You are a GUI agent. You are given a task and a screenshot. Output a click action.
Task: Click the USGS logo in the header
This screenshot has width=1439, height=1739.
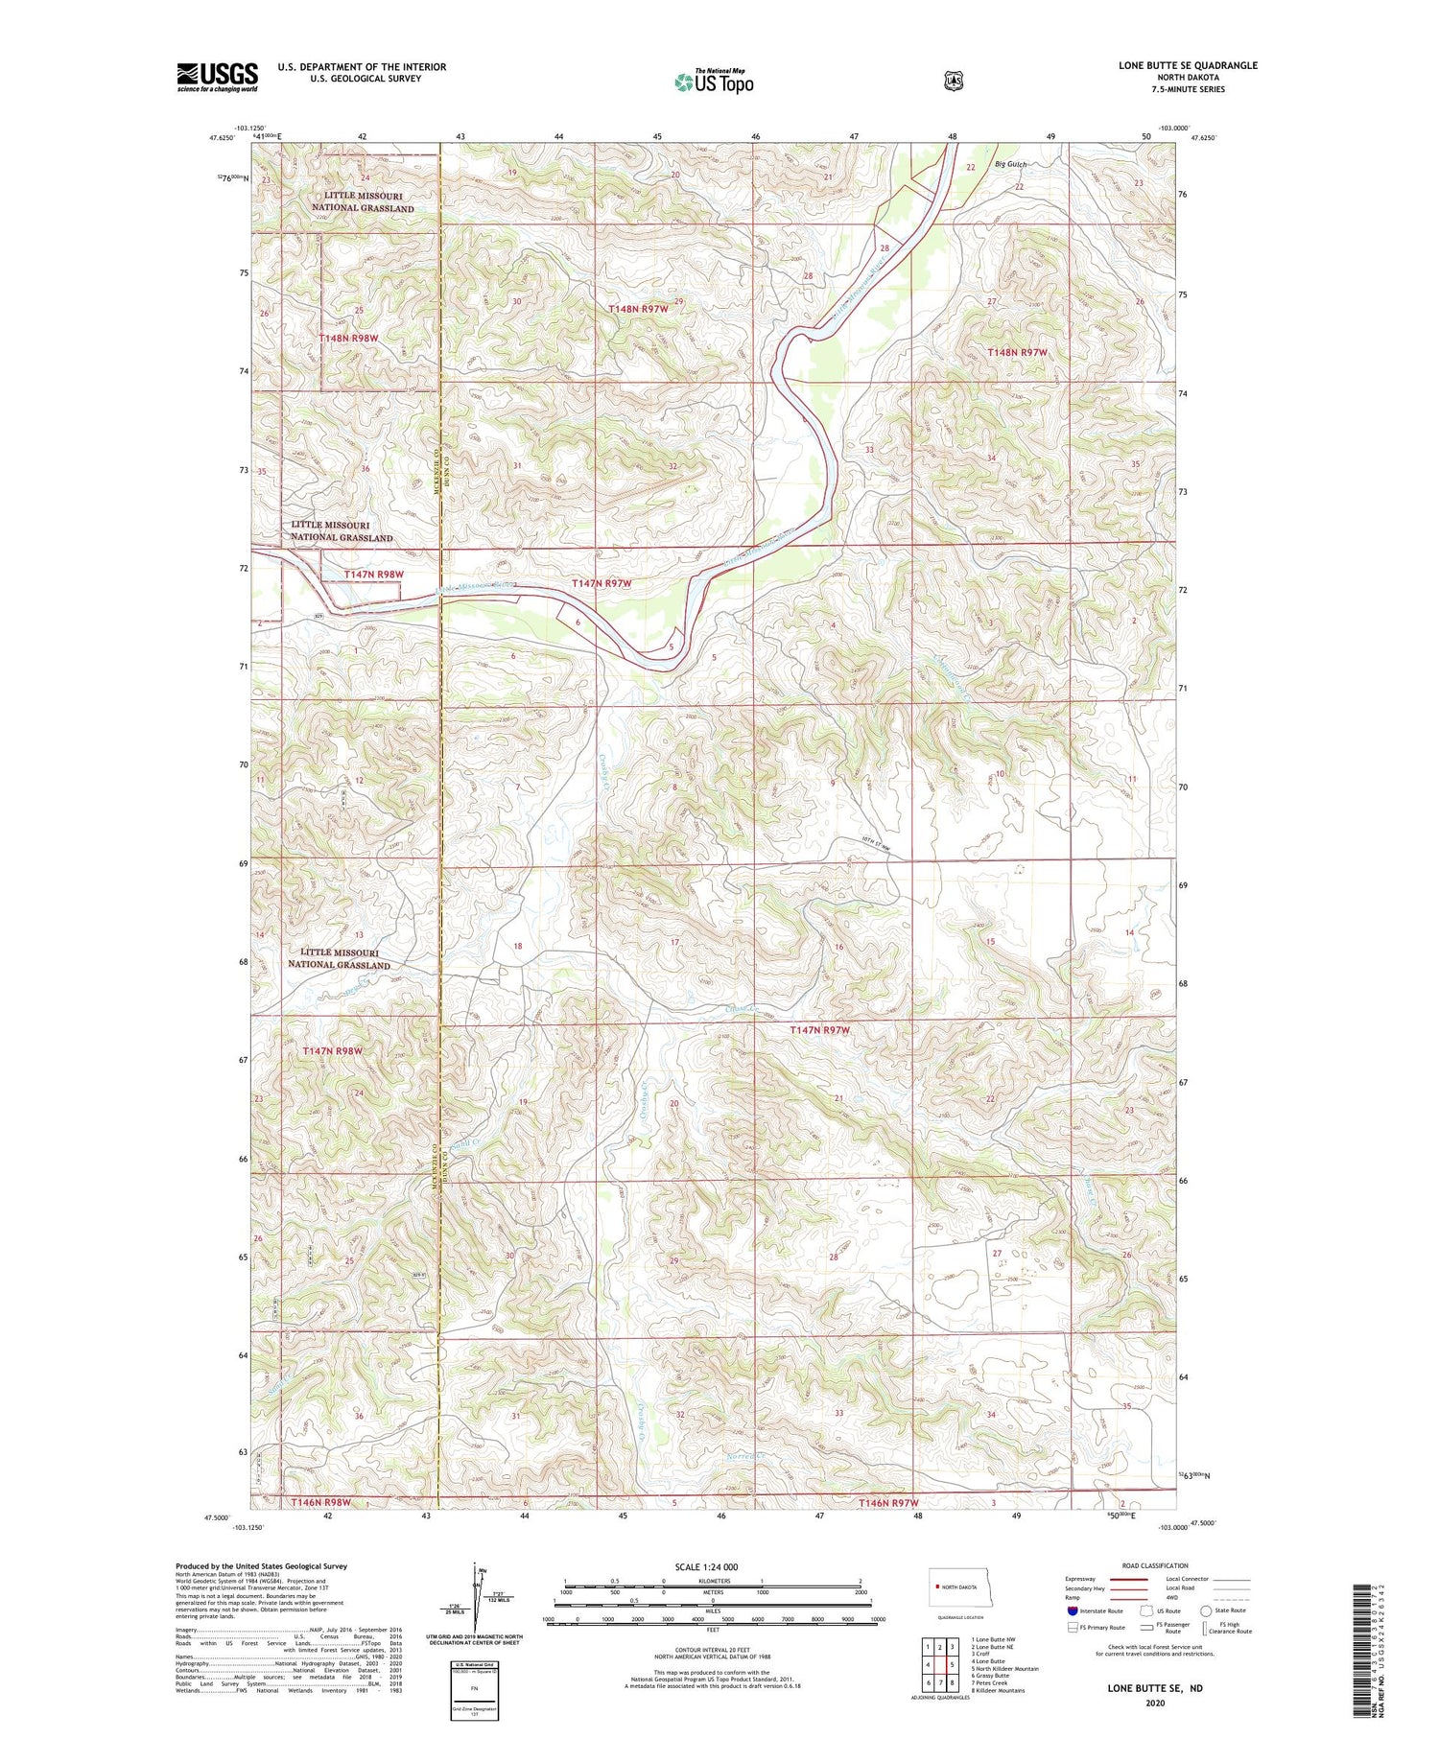217,77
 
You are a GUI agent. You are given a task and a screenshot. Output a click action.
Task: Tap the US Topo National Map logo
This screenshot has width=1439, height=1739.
714,82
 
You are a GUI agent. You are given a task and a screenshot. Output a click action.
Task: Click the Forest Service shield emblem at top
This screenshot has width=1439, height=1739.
953,82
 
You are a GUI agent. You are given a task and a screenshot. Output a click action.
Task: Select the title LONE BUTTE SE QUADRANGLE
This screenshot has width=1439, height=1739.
1188,65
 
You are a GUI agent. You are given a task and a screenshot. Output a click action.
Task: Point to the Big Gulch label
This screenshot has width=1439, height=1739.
1010,164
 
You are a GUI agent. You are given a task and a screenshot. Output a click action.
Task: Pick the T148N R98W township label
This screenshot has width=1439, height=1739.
349,339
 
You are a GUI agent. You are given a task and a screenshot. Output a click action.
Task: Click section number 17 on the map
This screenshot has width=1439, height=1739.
675,943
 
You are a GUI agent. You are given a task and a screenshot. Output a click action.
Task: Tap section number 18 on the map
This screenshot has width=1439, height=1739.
518,946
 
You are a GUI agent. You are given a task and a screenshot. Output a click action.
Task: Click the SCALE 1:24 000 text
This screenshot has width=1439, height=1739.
706,1567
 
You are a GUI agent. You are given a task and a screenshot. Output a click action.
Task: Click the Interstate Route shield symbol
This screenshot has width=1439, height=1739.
1073,1610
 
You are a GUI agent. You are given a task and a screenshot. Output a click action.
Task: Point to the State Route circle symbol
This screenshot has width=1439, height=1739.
1206,1610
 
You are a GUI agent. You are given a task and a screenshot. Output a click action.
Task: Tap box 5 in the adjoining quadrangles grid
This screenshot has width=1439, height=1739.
952,1664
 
